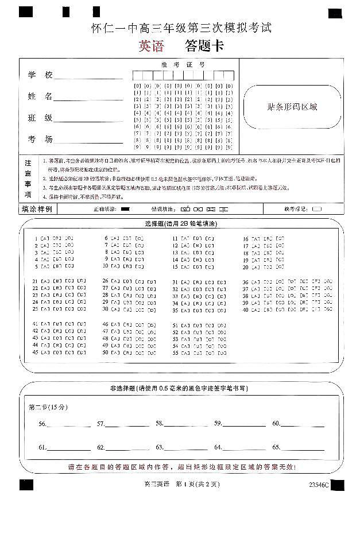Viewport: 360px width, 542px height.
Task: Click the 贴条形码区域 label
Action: pos(292,107)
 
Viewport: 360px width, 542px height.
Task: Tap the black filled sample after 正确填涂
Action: pos(126,209)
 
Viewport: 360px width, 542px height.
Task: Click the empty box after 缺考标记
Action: pos(317,209)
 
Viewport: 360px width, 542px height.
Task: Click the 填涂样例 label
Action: pos(37,209)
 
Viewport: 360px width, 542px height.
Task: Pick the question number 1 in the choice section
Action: pos(36,238)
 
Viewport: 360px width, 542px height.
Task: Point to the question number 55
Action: pos(175,353)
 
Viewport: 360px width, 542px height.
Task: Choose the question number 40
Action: pos(245,310)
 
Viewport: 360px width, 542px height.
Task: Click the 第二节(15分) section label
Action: pos(48,407)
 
